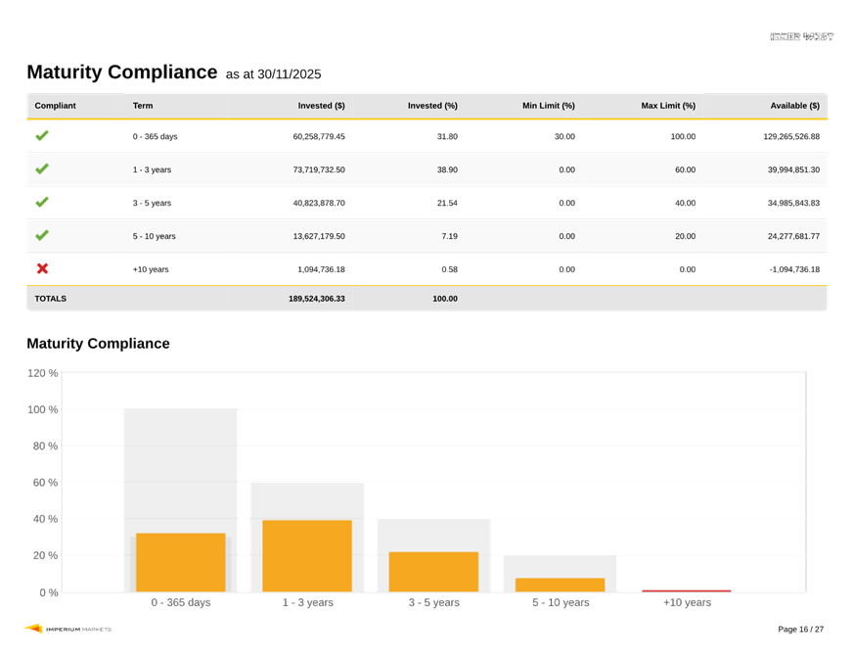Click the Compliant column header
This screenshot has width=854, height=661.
(x=55, y=106)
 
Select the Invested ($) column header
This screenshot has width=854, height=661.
(x=321, y=106)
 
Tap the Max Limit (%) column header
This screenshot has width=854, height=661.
(x=668, y=106)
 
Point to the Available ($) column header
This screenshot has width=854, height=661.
(x=794, y=106)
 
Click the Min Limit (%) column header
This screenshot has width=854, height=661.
(x=548, y=106)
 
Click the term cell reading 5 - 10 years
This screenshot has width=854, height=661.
(x=154, y=236)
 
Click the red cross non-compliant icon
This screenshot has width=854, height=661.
(x=42, y=268)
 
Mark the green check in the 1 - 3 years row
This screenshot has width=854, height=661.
(x=42, y=169)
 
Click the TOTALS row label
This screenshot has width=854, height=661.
(x=51, y=299)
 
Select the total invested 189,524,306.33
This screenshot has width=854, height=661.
(x=316, y=299)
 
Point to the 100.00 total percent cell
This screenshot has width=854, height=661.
(x=444, y=299)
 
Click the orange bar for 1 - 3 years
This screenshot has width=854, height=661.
(x=307, y=555)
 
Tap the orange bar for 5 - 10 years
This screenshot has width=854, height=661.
(x=560, y=585)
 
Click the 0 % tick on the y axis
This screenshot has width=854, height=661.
(x=48, y=592)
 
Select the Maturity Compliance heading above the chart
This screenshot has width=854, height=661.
(x=98, y=344)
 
